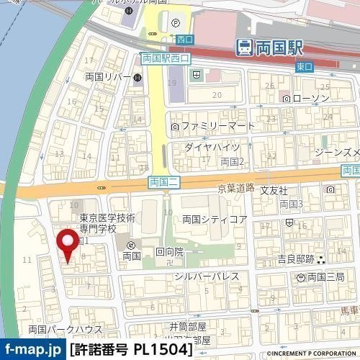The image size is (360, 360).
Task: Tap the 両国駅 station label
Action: (x=280, y=48)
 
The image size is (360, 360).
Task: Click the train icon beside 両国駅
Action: (x=245, y=48)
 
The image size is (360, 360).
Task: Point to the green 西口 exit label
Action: (x=184, y=39)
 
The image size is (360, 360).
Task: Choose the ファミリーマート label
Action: (x=217, y=127)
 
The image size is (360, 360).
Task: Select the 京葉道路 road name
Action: (x=235, y=187)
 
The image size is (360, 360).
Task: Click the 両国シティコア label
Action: (x=215, y=219)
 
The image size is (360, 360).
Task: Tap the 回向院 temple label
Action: (x=169, y=253)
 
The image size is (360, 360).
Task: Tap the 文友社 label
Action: (x=274, y=191)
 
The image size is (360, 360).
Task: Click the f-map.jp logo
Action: (x=32, y=350)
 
